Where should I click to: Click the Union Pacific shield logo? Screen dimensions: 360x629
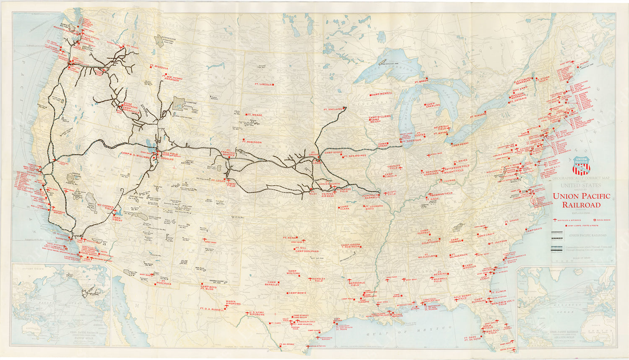coord(581,165)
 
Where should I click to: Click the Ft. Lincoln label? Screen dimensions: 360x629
coord(263,84)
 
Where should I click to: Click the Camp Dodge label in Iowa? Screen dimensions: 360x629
coord(333,153)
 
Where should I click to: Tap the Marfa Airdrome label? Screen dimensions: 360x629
coord(233,303)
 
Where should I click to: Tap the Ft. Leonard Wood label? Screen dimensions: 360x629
coord(374,207)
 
